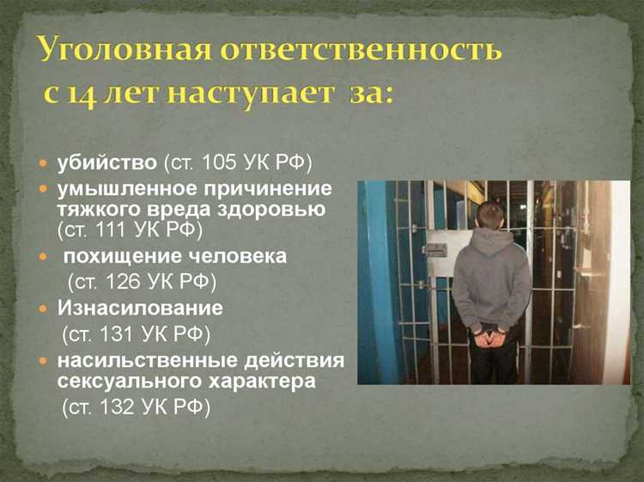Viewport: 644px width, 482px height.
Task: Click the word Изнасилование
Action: (140, 307)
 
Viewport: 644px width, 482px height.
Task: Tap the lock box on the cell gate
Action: (435, 250)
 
